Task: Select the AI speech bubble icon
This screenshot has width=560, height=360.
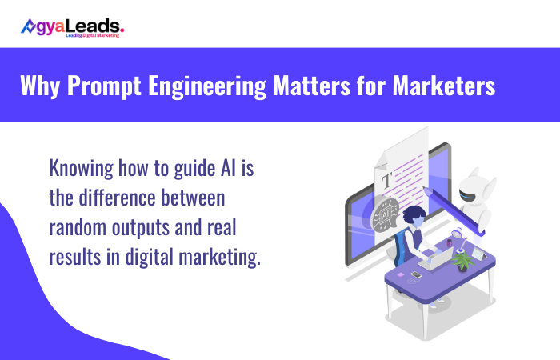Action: pyautogui.click(x=385, y=214)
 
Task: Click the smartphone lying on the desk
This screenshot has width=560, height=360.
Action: pyautogui.click(x=415, y=275)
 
